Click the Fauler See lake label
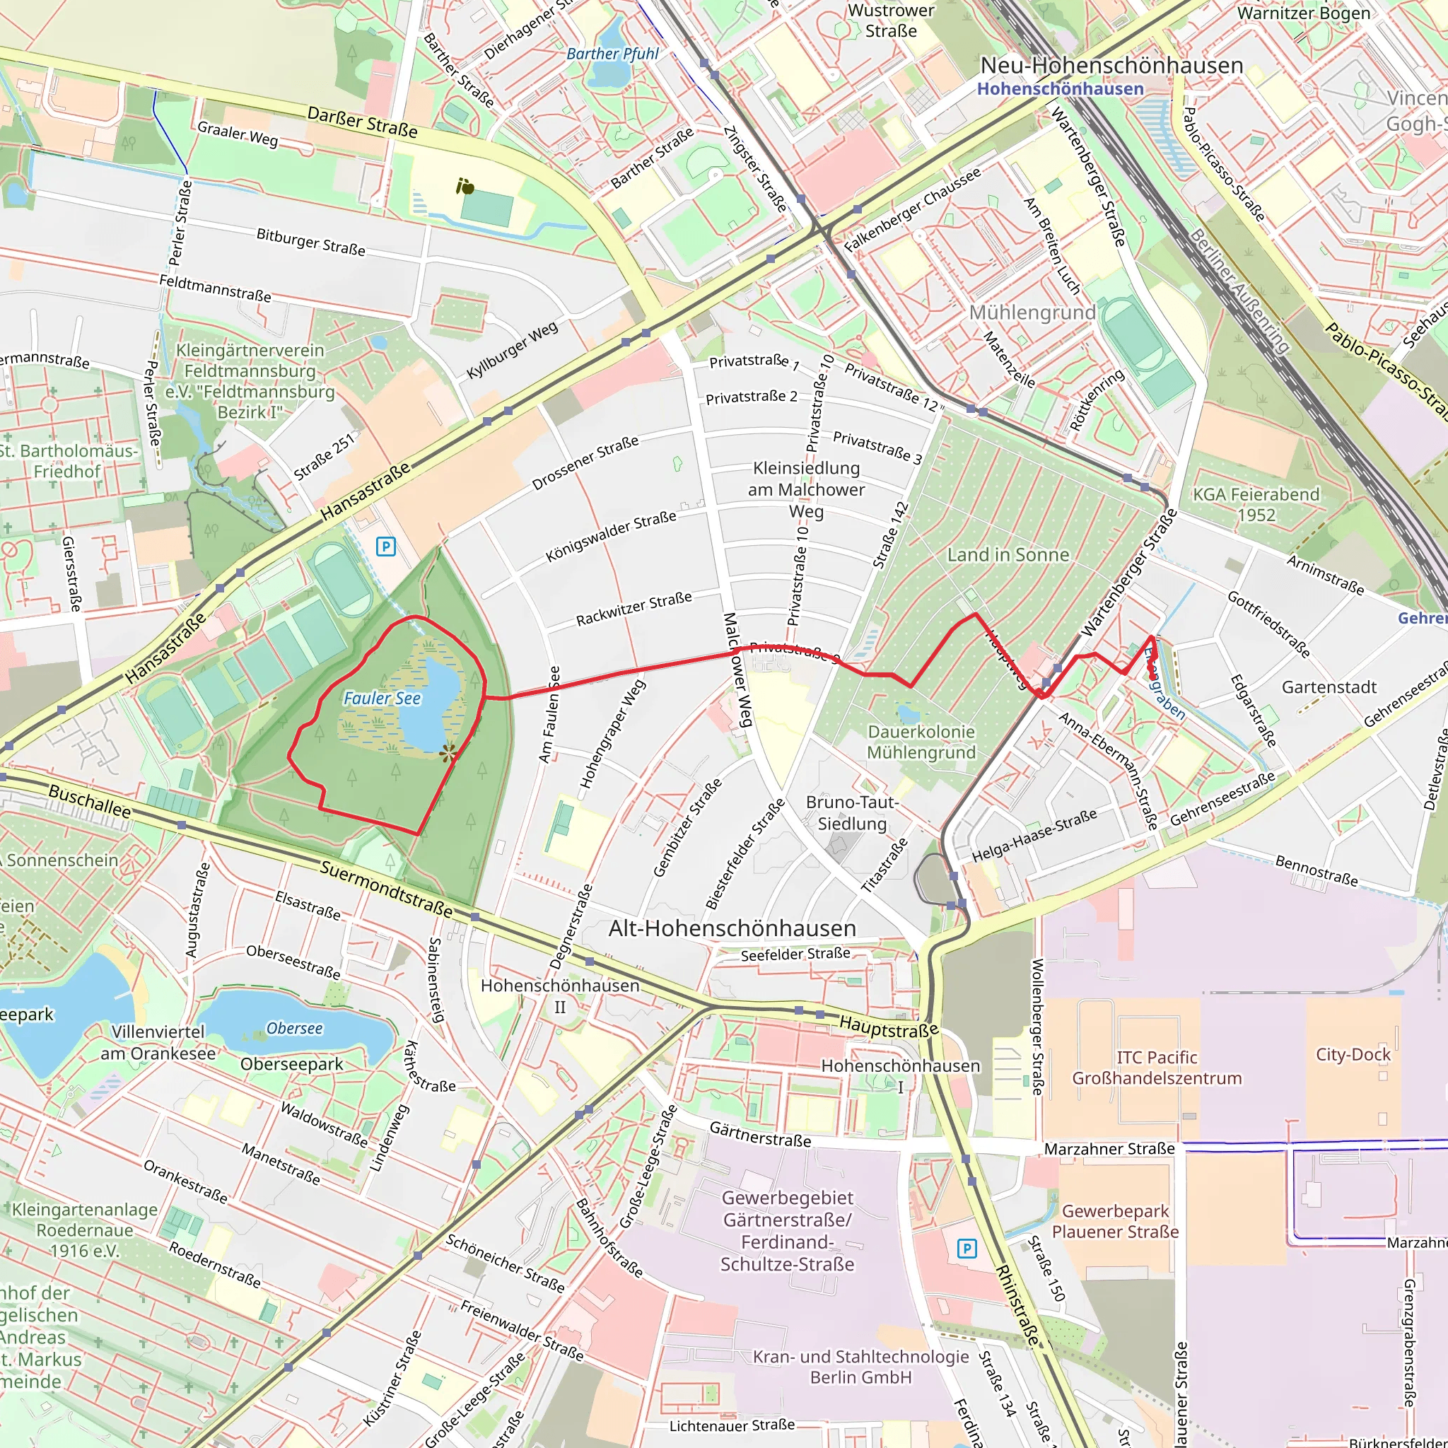382,699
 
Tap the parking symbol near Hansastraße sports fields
385,547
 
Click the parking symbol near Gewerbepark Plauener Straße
967,1249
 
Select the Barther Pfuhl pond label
612,54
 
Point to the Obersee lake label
295,1028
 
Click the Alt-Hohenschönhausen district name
732,928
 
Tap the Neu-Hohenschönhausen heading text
1111,66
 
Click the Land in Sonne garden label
1008,554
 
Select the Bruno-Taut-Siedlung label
852,812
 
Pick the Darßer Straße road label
362,122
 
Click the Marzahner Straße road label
1109,1149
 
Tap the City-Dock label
1353,1054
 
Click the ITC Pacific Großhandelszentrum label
1157,1068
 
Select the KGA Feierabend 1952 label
1256,504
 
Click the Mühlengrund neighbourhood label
1032,313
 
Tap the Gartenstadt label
1329,687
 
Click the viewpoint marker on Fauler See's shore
448,754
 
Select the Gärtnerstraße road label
760,1134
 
